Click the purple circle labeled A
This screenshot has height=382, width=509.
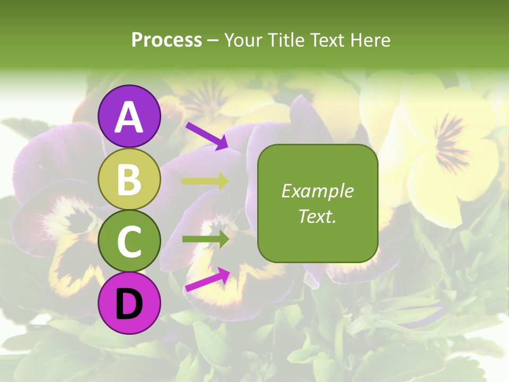pos(129,116)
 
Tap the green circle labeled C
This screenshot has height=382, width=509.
pos(129,241)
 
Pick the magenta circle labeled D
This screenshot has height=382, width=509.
pos(129,303)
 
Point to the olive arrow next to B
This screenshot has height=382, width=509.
pos(205,181)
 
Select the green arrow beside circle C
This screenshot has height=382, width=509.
pos(205,239)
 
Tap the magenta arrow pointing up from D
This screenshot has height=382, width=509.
pos(207,280)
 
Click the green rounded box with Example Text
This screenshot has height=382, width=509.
pos(318,203)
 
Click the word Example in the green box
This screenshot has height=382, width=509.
pos(318,191)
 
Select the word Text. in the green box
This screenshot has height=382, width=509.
pos(318,216)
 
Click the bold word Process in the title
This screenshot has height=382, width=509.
pos(166,40)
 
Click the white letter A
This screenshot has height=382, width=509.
pos(129,117)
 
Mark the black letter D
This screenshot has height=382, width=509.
pos(129,304)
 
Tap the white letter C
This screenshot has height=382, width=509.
pos(129,242)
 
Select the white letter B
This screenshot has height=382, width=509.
pos(129,179)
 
